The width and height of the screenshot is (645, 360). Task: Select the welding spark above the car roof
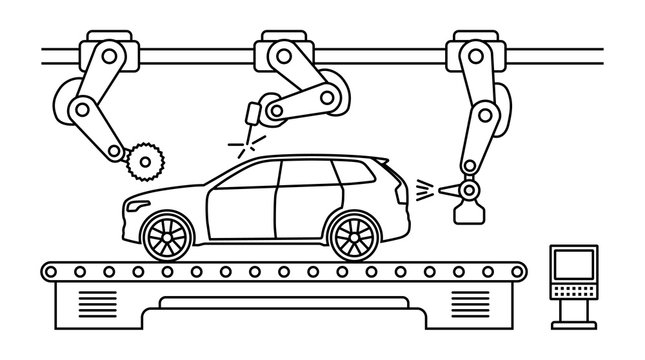(240, 144)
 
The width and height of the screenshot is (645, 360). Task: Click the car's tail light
(401, 190)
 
